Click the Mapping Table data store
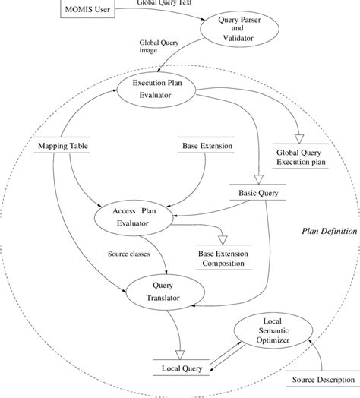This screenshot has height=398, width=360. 54,145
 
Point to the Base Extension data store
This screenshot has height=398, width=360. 207,145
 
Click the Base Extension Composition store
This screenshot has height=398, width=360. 227,257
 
